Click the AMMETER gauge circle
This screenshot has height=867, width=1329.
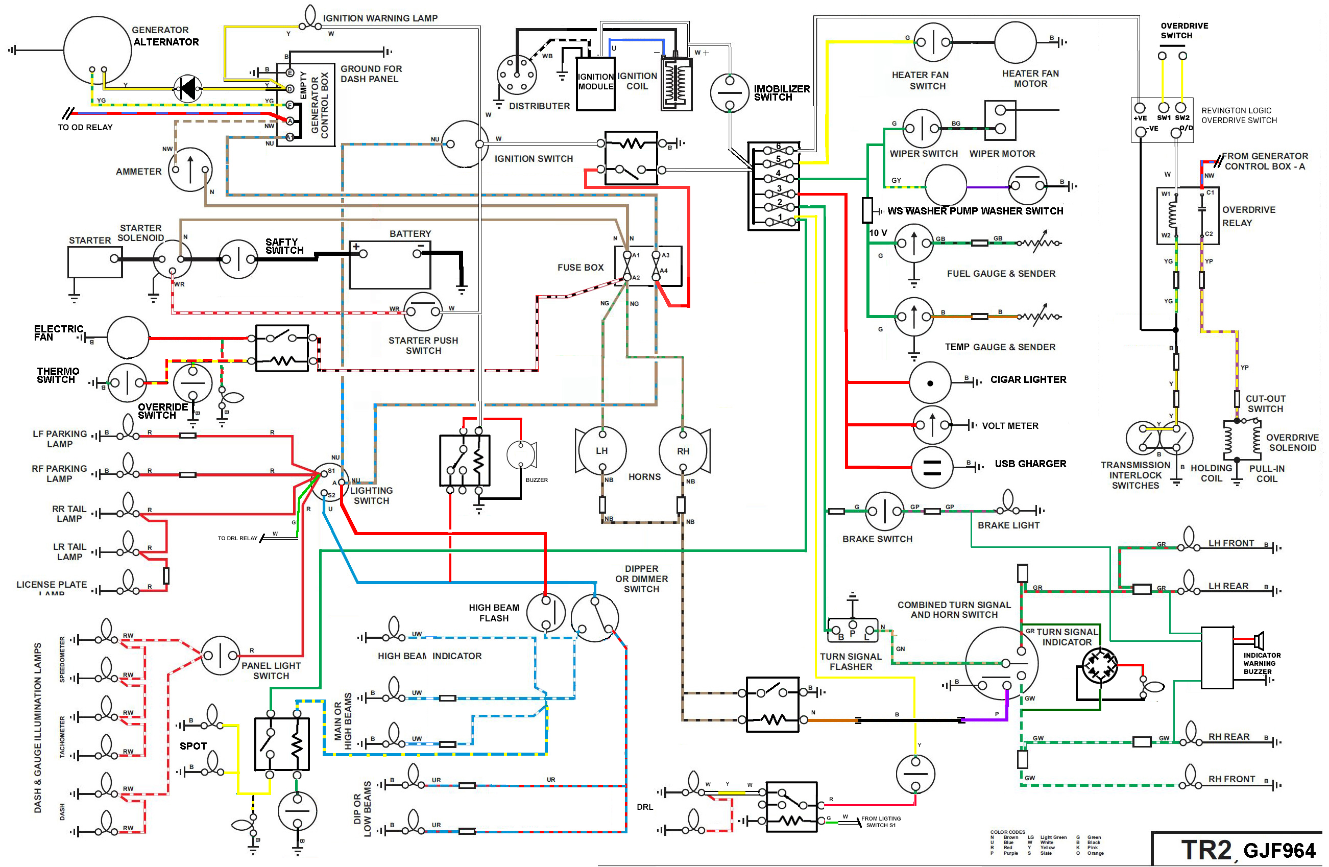(190, 169)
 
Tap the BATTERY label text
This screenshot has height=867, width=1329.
(410, 233)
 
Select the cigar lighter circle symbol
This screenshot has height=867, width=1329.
(930, 383)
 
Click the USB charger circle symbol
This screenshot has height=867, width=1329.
(931, 467)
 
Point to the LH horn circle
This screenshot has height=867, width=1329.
(602, 450)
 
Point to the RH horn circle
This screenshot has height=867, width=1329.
(683, 450)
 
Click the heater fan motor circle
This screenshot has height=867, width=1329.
(1015, 42)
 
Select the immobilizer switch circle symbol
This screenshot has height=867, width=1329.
(729, 92)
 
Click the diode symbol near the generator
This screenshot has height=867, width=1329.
(187, 89)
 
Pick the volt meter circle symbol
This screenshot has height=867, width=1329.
(932, 425)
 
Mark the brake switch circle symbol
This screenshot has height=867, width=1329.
(884, 511)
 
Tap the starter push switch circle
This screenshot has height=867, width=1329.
(423, 311)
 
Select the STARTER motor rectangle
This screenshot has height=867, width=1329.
(95, 262)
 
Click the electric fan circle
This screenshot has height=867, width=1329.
(128, 337)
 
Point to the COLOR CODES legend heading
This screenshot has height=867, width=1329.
(1007, 832)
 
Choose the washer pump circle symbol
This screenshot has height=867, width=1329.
(946, 186)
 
